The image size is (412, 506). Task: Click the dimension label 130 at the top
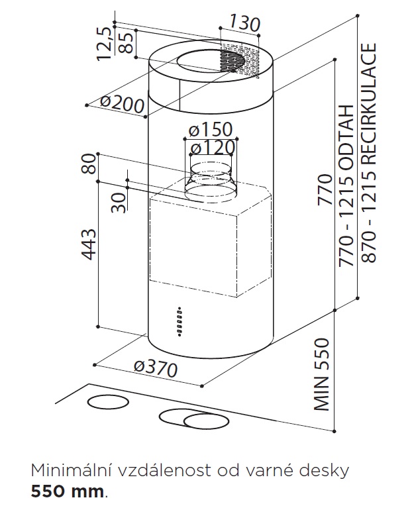point(244,23)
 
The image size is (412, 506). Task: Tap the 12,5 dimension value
point(104,44)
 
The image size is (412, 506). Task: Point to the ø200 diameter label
point(122,104)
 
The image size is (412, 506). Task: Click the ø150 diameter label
point(211,129)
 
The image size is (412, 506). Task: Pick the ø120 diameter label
point(213,148)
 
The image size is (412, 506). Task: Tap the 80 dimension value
point(89,164)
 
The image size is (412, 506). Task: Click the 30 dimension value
point(118,203)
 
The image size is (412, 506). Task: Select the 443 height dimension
point(89,244)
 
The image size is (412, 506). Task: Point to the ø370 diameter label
point(156,369)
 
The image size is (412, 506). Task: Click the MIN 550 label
point(321,374)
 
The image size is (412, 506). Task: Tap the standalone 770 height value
point(325,189)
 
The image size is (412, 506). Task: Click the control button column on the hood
point(180,322)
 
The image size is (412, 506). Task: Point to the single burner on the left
point(108,402)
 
